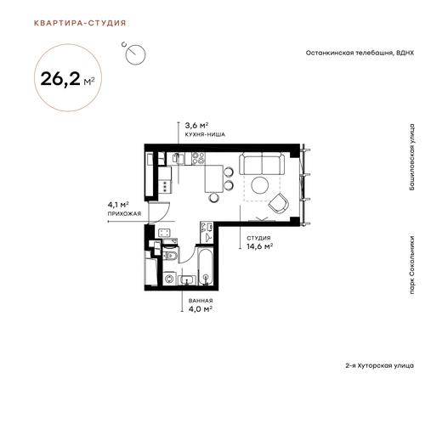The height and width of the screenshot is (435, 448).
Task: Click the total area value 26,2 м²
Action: click(x=67, y=79)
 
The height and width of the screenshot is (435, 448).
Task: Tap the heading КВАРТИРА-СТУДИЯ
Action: click(x=80, y=23)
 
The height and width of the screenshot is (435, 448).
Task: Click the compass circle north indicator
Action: click(x=135, y=54)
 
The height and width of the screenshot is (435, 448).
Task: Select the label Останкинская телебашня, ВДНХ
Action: click(x=360, y=53)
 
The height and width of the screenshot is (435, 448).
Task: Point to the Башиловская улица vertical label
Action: click(x=411, y=157)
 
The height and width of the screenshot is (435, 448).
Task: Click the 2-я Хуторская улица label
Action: click(x=379, y=365)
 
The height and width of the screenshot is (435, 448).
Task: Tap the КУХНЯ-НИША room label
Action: click(x=205, y=134)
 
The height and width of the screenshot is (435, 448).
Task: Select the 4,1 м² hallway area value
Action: click(x=118, y=205)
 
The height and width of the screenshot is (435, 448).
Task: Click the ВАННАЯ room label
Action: click(x=201, y=301)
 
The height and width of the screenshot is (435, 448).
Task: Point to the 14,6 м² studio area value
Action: click(x=259, y=246)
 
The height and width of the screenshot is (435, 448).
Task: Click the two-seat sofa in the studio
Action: click(x=262, y=163)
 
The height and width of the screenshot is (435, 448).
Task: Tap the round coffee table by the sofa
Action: click(x=259, y=185)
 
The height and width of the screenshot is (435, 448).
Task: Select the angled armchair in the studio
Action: click(x=279, y=204)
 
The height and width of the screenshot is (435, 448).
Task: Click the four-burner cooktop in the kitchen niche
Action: click(x=198, y=159)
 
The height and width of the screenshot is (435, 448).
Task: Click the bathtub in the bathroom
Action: click(x=206, y=266)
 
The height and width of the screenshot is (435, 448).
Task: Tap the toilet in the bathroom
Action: click(x=170, y=255)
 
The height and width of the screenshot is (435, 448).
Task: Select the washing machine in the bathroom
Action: click(x=170, y=278)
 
